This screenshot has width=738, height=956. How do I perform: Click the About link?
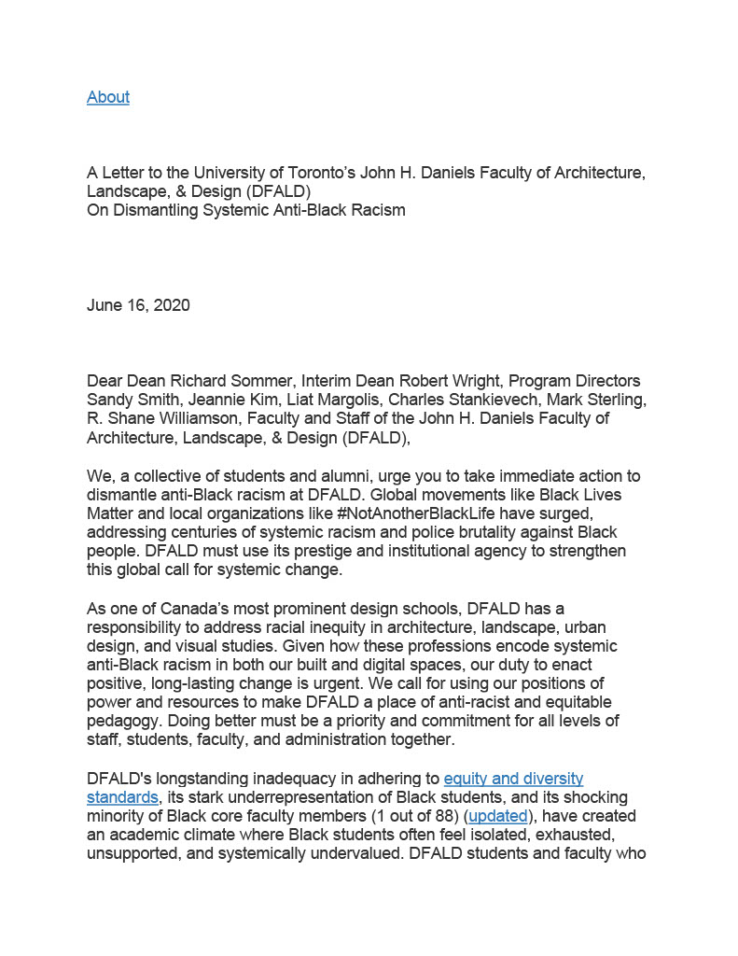coord(108,97)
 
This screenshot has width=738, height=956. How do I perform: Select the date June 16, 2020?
coord(138,305)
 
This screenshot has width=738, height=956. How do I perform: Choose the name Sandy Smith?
coord(132,400)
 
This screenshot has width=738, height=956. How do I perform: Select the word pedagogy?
coord(124,722)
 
